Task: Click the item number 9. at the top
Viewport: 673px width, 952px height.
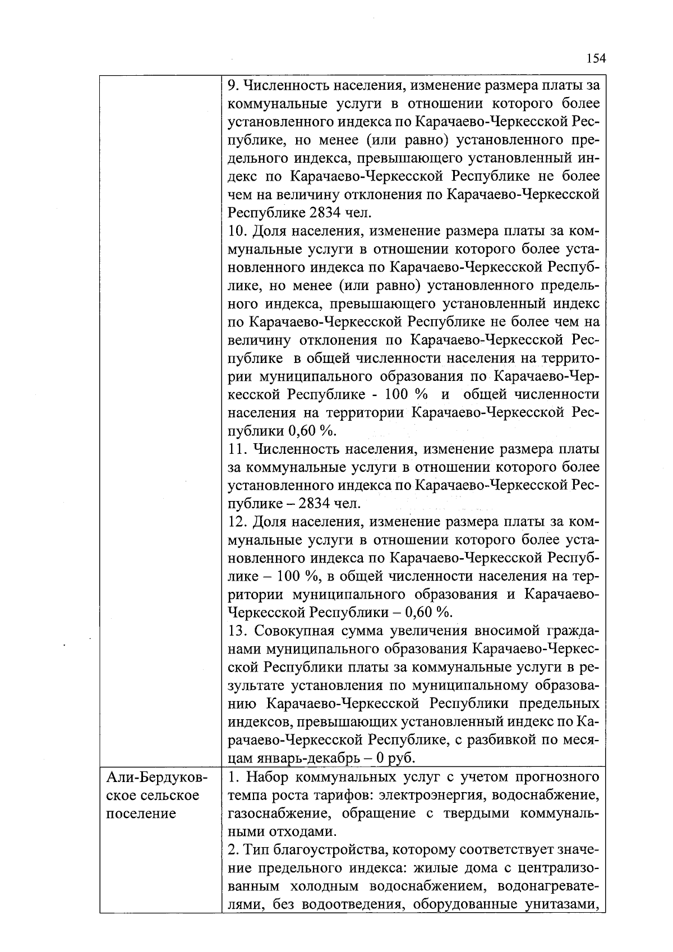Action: (x=233, y=86)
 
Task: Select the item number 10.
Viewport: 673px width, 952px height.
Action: (x=238, y=232)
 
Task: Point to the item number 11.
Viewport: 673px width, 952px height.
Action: (x=238, y=449)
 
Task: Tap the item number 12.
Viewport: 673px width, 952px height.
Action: (x=238, y=522)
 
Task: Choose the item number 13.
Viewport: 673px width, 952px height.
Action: (x=238, y=631)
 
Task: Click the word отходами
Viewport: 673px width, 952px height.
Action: (x=301, y=831)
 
